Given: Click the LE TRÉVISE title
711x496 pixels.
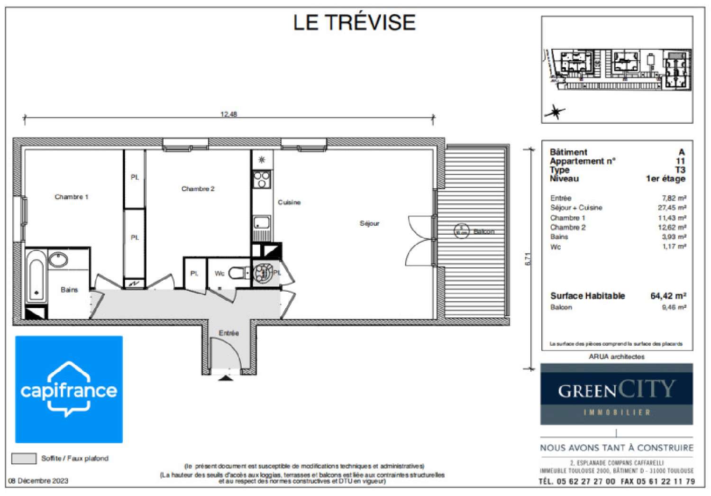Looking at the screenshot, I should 354,23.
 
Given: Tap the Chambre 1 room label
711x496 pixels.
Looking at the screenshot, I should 71,197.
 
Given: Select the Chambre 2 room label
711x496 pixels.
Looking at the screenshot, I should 198,189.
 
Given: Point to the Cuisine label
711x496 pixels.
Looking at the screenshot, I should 289,202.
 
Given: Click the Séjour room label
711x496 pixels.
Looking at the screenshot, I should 369,223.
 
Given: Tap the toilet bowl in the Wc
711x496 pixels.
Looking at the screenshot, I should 237,273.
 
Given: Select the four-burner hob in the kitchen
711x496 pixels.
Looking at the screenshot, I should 262,179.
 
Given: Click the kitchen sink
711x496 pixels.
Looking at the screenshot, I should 261,222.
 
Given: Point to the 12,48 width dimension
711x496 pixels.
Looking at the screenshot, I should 228,114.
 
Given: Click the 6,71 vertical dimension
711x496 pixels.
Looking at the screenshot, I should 528,259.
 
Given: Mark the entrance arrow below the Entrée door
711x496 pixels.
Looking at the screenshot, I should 226,377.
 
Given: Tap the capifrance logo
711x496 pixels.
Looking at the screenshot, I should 69,389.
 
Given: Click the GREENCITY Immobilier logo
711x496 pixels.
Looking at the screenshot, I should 616,394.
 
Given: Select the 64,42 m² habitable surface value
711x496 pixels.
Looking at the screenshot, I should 668,296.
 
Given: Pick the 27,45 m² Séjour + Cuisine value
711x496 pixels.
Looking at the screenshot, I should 672,208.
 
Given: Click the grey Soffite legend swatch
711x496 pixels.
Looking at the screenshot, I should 24,459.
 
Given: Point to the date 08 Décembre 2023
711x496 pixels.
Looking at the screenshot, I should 38,481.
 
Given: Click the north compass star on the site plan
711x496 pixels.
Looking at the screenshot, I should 555,112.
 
